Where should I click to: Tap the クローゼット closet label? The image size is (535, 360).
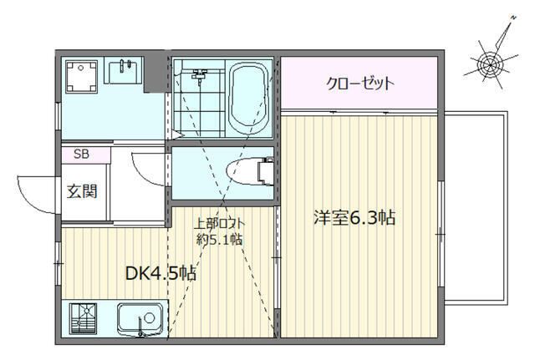click(x=359, y=84)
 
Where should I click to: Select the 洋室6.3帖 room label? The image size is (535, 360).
click(x=354, y=218)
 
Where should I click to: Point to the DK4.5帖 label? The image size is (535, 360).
click(x=160, y=273)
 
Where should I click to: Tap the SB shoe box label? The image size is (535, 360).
click(x=81, y=154)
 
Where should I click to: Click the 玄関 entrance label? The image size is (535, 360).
click(x=82, y=190)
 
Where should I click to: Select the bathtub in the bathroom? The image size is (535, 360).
click(x=247, y=99)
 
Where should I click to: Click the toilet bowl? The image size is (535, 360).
click(x=245, y=170)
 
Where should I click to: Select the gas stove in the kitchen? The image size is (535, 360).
click(x=83, y=320)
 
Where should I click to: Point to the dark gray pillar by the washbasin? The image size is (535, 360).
click(x=155, y=74)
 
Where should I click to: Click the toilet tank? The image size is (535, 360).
click(x=267, y=170)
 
